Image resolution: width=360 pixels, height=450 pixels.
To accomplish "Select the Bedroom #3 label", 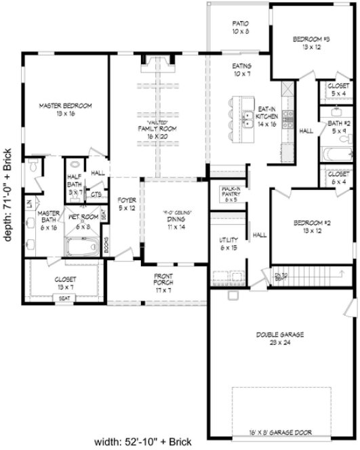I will [x=311, y=43].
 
